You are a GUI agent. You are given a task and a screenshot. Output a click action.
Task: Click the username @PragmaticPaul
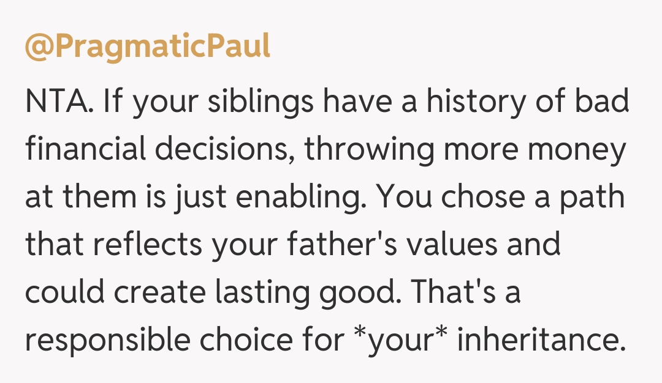[x=147, y=46]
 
